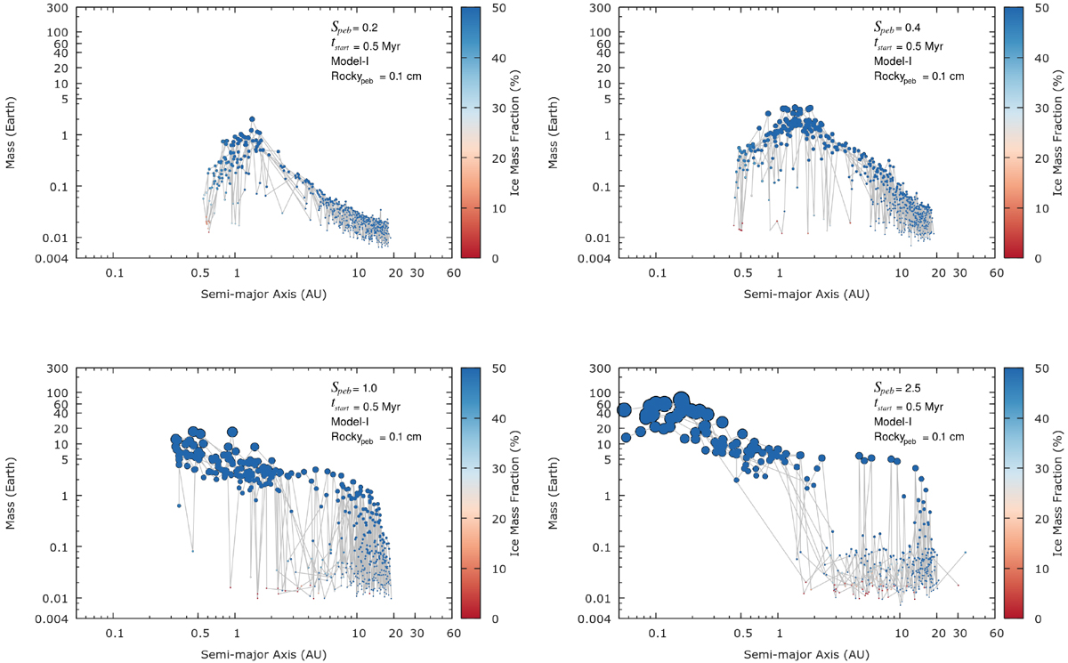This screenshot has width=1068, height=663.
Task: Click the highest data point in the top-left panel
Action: point(252,118)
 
